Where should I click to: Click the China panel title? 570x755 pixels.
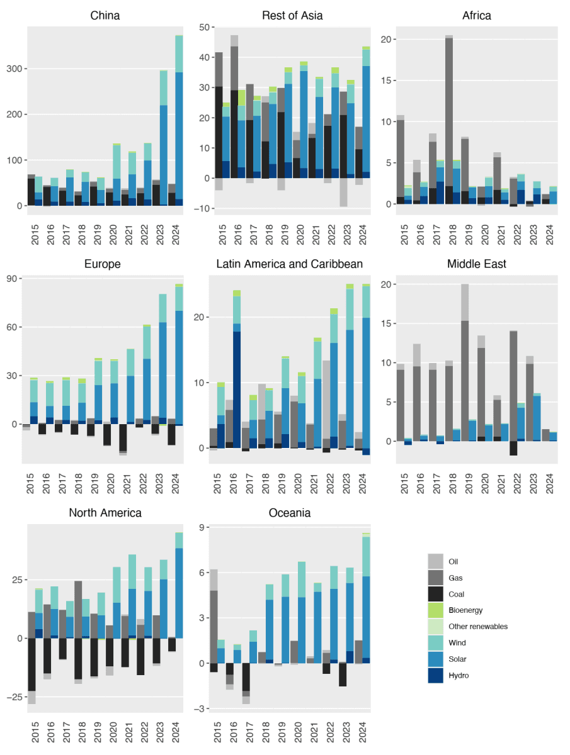coord(105,15)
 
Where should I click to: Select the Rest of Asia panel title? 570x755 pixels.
coord(292,15)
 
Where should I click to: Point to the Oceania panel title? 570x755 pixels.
coord(292,513)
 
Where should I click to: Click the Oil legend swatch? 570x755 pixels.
coord(435,561)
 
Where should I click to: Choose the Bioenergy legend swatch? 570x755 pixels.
coord(435,610)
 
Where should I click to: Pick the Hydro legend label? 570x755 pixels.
coord(459,676)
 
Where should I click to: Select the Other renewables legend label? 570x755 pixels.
coord(477,627)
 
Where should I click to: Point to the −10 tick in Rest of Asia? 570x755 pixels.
coord(200,208)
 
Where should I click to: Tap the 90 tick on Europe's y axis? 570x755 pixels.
coord(13,279)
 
